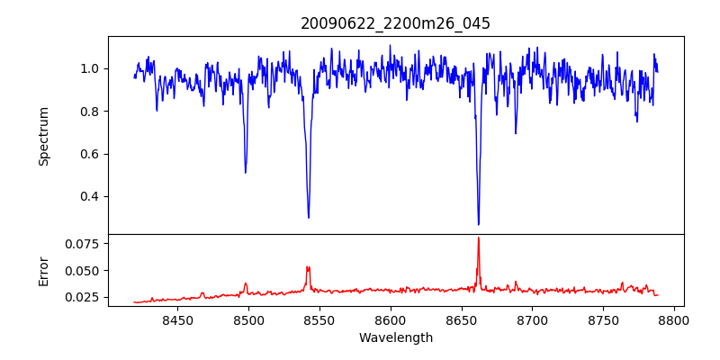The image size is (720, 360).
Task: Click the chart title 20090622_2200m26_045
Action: click(x=395, y=24)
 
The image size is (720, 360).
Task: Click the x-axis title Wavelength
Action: click(x=395, y=338)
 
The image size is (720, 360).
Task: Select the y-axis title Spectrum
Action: click(x=43, y=136)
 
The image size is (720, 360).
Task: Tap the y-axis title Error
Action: click(x=43, y=271)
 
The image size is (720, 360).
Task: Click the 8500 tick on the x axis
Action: click(x=248, y=319)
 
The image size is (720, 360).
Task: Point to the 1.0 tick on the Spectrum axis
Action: click(x=90, y=68)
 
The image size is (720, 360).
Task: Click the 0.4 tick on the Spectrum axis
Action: click(x=90, y=196)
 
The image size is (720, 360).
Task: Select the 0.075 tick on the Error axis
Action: click(x=84, y=244)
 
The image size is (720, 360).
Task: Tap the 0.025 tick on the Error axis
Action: click(x=84, y=297)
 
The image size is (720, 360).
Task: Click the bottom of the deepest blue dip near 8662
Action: click(x=479, y=224)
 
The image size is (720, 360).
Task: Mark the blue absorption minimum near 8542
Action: click(x=309, y=217)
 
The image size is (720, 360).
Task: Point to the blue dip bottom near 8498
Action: click(x=246, y=172)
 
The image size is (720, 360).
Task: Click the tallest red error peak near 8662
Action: click(x=479, y=238)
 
